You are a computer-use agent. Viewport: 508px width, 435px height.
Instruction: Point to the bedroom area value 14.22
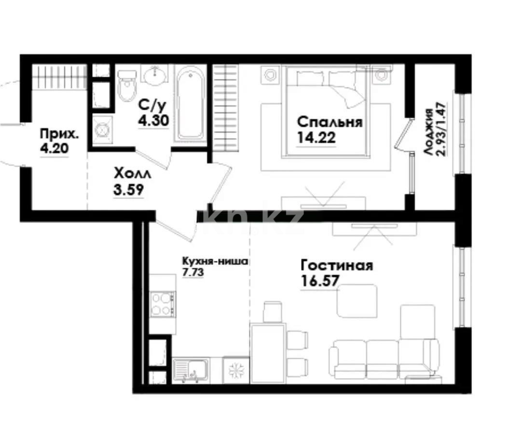coord(316,138)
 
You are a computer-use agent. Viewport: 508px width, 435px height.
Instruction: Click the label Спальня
coord(330,121)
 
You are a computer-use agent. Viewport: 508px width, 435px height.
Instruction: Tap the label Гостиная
coord(336,265)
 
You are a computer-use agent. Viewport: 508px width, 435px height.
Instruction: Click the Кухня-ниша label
coord(214,261)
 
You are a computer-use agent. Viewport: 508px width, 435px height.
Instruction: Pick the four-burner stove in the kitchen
coord(163,304)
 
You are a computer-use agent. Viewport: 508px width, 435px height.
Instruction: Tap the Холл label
coord(132,173)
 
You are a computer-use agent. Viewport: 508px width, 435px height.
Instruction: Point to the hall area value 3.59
coord(128,189)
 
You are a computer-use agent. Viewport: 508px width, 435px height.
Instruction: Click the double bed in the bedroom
coord(327,111)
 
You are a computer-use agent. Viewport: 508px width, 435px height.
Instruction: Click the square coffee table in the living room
coord(357,300)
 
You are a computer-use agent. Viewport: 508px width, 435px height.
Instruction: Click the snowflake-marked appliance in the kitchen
coord(236,370)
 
